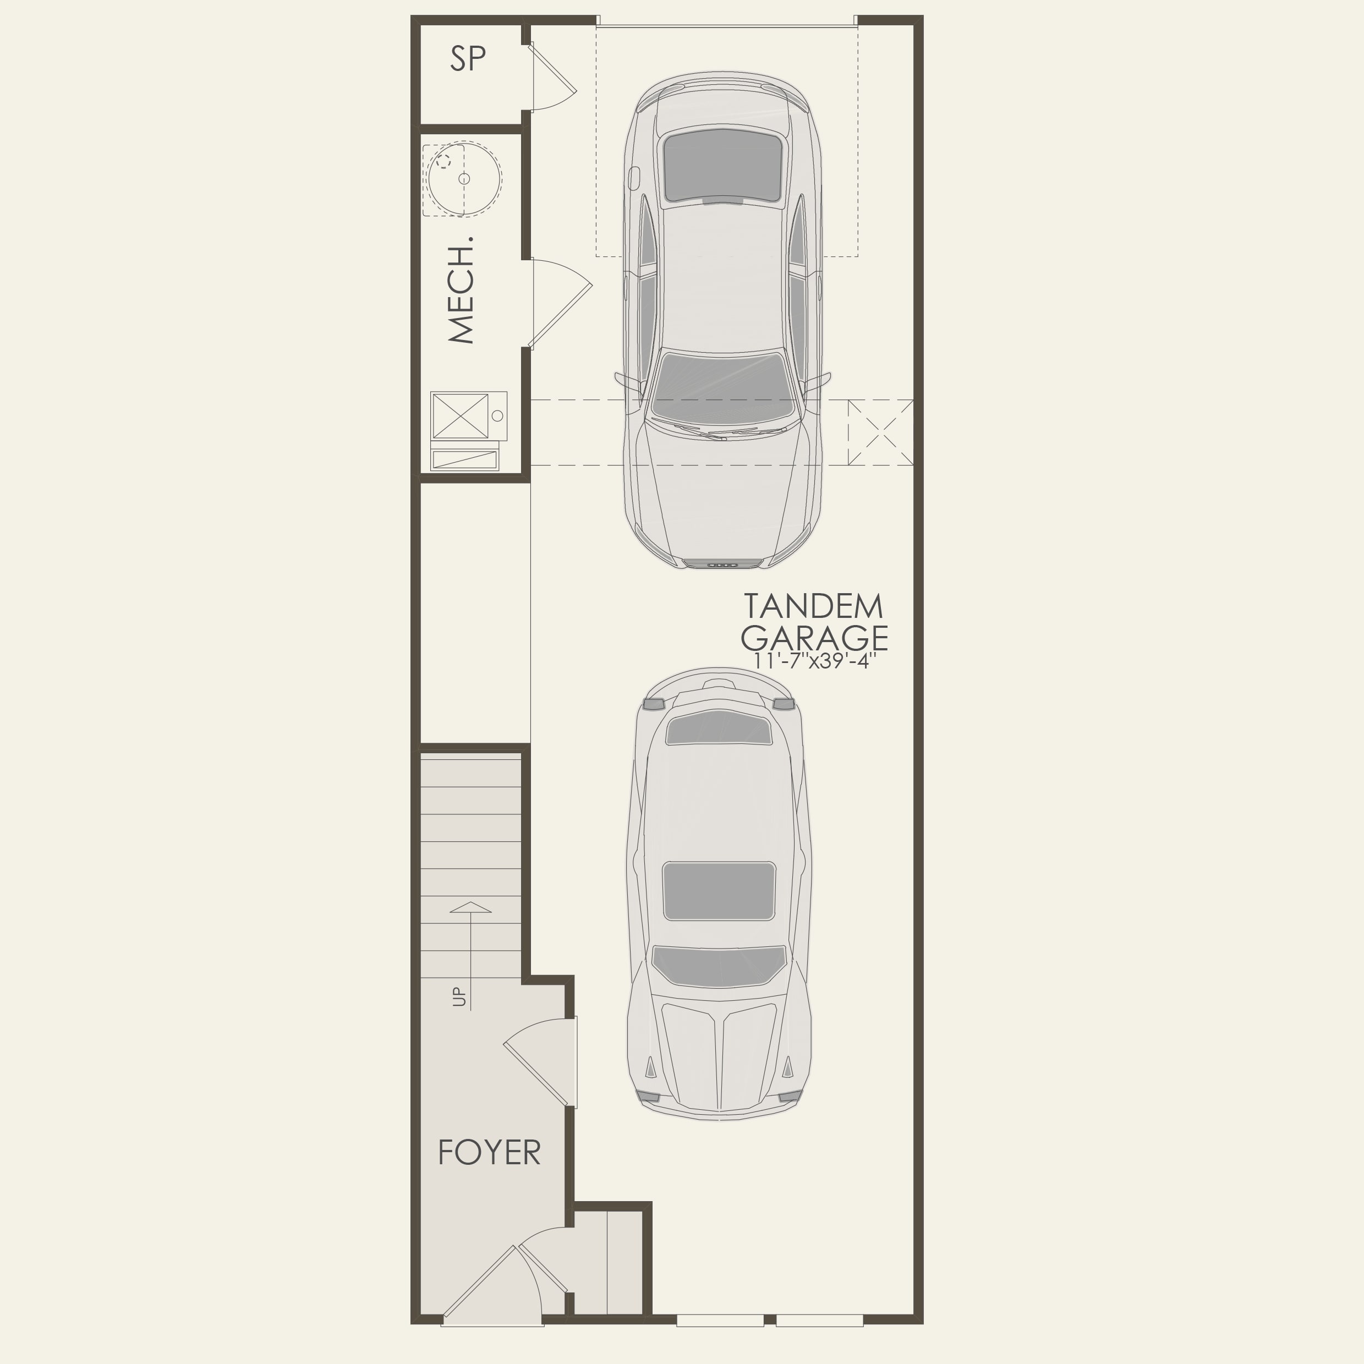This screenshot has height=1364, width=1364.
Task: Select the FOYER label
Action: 489,1153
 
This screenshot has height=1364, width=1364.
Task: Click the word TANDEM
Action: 813,606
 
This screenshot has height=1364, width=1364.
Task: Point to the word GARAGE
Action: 814,638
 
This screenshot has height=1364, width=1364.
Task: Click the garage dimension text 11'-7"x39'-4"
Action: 814,661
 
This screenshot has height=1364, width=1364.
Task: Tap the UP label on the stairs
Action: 459,996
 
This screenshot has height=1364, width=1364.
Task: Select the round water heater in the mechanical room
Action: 464,179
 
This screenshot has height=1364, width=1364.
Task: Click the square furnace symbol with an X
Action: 459,416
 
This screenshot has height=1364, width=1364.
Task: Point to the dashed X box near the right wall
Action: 880,432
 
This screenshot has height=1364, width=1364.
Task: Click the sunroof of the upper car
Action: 723,167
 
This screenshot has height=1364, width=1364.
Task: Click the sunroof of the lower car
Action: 718,891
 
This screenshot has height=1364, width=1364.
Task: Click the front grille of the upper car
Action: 723,563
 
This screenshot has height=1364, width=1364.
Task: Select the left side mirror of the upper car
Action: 627,381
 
